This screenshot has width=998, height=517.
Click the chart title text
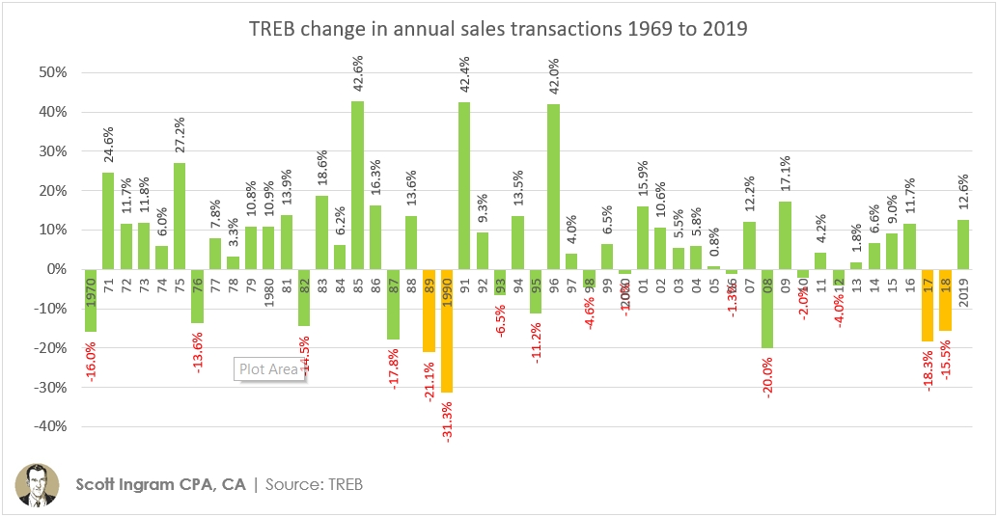point(499,29)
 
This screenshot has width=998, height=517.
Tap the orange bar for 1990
point(446,330)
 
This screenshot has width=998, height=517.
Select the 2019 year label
point(964,289)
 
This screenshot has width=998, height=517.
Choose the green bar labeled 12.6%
point(963,243)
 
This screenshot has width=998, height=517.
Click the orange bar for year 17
point(928,305)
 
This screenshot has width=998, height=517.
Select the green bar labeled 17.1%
point(785,234)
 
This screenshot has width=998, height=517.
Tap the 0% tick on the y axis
point(54,269)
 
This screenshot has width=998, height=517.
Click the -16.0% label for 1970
point(91,357)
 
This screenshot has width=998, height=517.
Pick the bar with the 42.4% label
point(464,185)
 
